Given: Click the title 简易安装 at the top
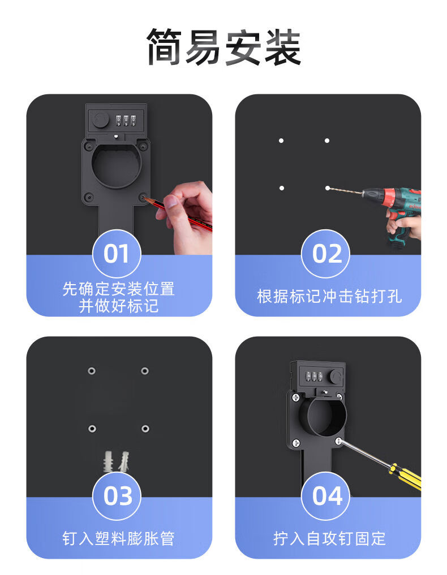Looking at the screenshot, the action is (223, 47).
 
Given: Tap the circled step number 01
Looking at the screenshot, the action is (117, 254).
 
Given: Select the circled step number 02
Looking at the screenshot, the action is (325, 254).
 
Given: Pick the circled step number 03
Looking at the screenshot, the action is (117, 496).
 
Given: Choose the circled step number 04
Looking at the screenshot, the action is (325, 496).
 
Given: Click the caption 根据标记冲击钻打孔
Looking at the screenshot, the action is (329, 297).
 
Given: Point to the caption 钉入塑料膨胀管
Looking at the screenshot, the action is (118, 538).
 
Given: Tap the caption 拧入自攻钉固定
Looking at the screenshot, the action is (329, 538).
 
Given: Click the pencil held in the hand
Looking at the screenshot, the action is (178, 214).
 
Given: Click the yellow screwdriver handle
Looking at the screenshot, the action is (405, 476).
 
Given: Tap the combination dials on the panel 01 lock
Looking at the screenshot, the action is (126, 121).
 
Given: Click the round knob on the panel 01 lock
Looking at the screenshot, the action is (100, 120).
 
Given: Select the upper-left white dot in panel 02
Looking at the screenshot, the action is (281, 141).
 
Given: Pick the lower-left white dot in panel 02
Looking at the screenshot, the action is (281, 188).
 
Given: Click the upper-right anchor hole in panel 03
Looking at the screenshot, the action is (145, 371).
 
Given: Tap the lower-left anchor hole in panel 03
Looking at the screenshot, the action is (92, 428).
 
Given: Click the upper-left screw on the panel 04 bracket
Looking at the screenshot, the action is (296, 397).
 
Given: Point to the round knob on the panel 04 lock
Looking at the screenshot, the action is (336, 376).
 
